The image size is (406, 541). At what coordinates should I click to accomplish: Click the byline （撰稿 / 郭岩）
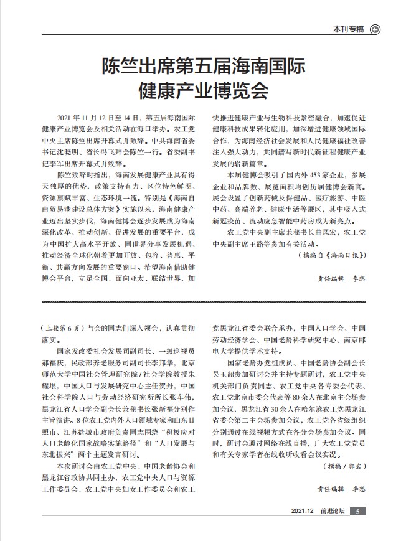click(x=344, y=465)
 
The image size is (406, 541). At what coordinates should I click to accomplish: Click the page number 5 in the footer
click(x=357, y=512)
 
